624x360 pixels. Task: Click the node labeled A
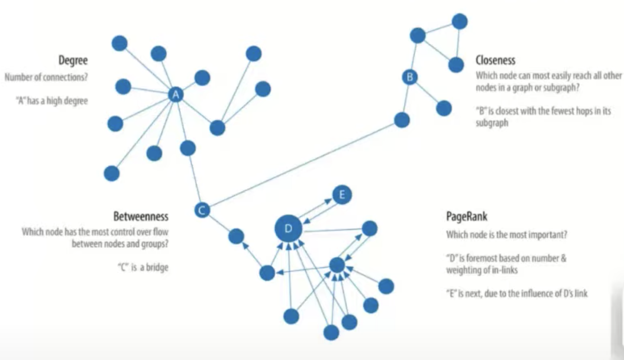pyautogui.click(x=176, y=95)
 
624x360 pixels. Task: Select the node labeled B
pyautogui.click(x=410, y=77)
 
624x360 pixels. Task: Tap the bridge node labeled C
pyautogui.click(x=202, y=210)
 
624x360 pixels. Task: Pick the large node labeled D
pyautogui.click(x=288, y=228)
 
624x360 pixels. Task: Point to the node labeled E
pyautogui.click(x=342, y=194)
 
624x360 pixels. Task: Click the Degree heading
pyautogui.click(x=73, y=60)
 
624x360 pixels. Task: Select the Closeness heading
pyautogui.click(x=495, y=60)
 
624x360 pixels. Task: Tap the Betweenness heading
pyautogui.click(x=141, y=216)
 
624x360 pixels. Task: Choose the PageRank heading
pyautogui.click(x=466, y=216)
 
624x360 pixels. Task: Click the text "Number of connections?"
pyautogui.click(x=46, y=77)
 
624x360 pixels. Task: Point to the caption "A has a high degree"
pyautogui.click(x=52, y=100)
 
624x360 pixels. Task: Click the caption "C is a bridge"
pyautogui.click(x=143, y=267)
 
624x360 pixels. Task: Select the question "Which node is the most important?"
pyautogui.click(x=506, y=235)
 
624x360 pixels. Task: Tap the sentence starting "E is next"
pyautogui.click(x=517, y=293)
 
